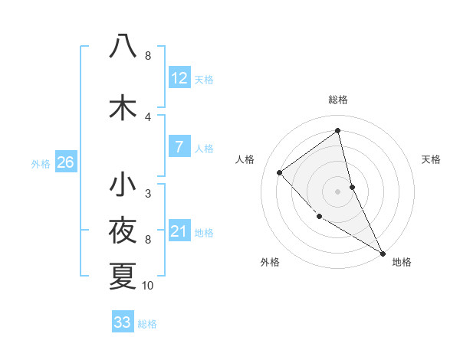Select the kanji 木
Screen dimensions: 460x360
(x=123, y=107)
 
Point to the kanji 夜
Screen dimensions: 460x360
(x=123, y=231)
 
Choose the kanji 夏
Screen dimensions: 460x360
(x=123, y=276)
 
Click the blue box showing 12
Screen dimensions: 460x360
(x=179, y=78)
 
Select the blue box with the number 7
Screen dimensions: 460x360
(x=179, y=147)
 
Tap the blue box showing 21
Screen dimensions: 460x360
(x=179, y=231)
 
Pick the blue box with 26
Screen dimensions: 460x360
(x=65, y=162)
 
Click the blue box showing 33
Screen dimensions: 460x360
(x=122, y=322)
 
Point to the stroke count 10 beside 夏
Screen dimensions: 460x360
(x=148, y=286)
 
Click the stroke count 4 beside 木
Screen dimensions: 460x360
(x=148, y=116)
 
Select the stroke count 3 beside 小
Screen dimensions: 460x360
(x=148, y=194)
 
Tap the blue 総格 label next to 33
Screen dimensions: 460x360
(x=147, y=324)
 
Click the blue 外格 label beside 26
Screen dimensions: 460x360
(x=41, y=163)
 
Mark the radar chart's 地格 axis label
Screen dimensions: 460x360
(x=402, y=262)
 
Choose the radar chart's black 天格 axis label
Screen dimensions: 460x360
(x=431, y=159)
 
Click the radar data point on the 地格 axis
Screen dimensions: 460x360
(x=383, y=254)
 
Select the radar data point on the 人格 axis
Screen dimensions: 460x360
(x=280, y=172)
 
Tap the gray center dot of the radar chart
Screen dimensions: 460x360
(x=337, y=191)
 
